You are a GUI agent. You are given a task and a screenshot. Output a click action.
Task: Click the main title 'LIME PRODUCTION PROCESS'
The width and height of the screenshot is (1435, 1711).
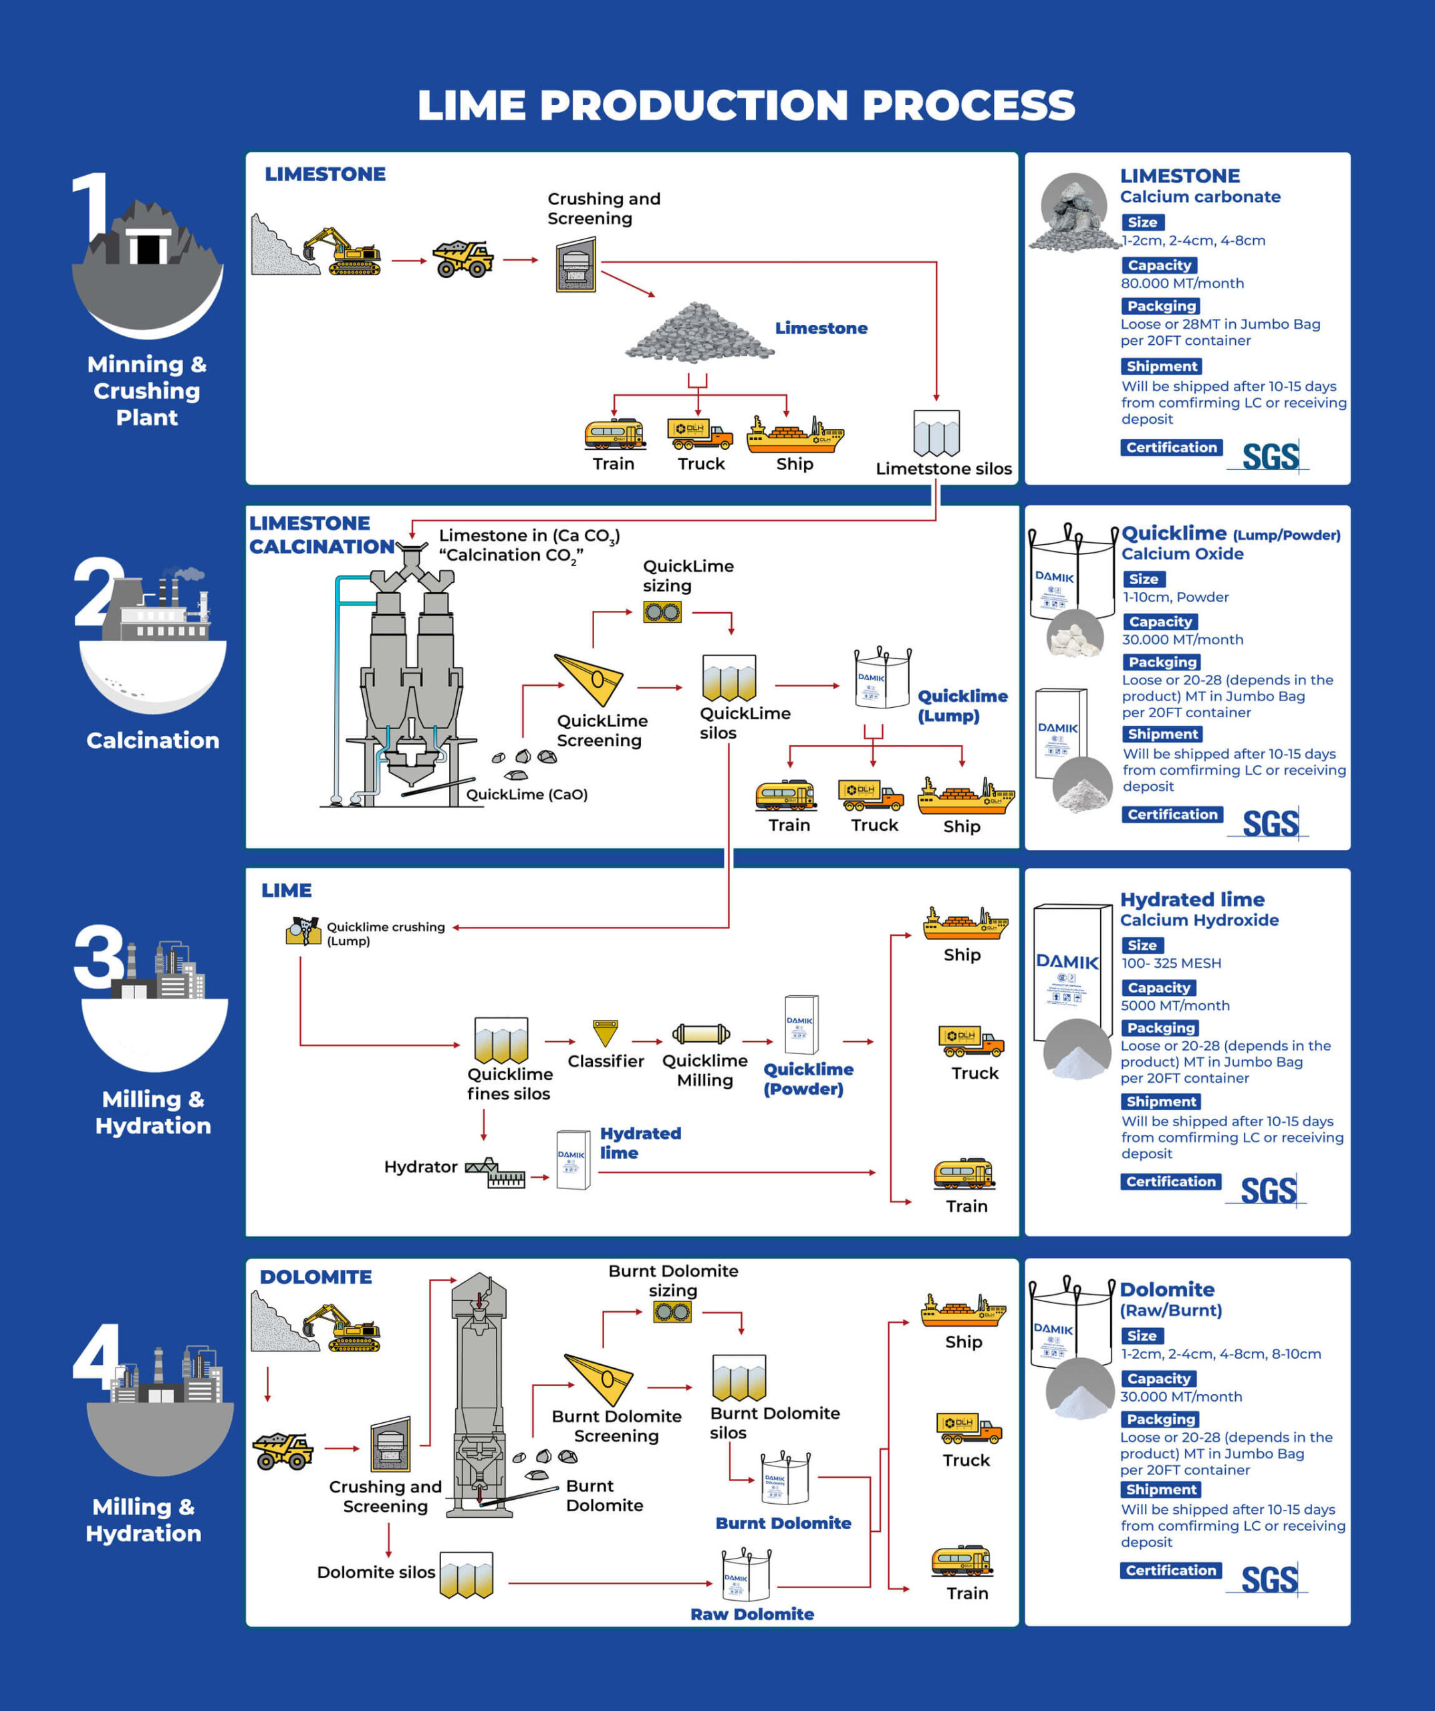(x=746, y=105)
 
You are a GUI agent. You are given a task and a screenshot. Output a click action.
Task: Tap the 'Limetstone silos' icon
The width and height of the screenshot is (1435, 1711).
(x=936, y=432)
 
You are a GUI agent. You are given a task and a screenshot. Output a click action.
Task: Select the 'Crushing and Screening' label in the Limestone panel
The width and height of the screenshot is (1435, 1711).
(x=603, y=209)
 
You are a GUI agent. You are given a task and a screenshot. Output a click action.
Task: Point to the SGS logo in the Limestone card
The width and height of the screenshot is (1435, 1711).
(x=1271, y=457)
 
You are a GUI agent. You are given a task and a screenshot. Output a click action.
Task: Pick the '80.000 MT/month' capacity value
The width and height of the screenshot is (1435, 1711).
(x=1182, y=283)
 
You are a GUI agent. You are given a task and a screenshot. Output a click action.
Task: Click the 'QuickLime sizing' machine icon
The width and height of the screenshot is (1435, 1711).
(x=662, y=612)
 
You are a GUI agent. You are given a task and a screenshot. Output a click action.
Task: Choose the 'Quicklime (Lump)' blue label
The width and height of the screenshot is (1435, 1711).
(x=962, y=706)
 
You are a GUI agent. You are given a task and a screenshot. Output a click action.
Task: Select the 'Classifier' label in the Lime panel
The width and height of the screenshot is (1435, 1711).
(x=606, y=1061)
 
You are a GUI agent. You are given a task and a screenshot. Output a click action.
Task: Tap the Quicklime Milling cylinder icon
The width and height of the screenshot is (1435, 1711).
(x=701, y=1034)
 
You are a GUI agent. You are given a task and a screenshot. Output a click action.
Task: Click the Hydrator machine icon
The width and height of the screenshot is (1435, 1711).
(x=495, y=1172)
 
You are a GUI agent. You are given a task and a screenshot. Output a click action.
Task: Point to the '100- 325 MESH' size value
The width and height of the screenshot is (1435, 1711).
(x=1171, y=963)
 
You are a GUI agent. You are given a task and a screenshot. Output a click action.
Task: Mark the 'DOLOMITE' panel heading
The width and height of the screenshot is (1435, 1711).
(x=315, y=1277)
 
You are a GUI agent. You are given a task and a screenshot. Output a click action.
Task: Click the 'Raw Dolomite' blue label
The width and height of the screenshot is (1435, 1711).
(x=751, y=1614)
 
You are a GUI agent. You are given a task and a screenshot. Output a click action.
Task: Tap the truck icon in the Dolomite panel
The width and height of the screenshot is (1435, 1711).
(x=968, y=1428)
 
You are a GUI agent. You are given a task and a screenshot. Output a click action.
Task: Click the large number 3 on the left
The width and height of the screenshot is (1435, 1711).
(x=99, y=956)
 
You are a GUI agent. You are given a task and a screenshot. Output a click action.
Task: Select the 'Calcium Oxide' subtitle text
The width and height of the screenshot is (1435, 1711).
(x=1182, y=554)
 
